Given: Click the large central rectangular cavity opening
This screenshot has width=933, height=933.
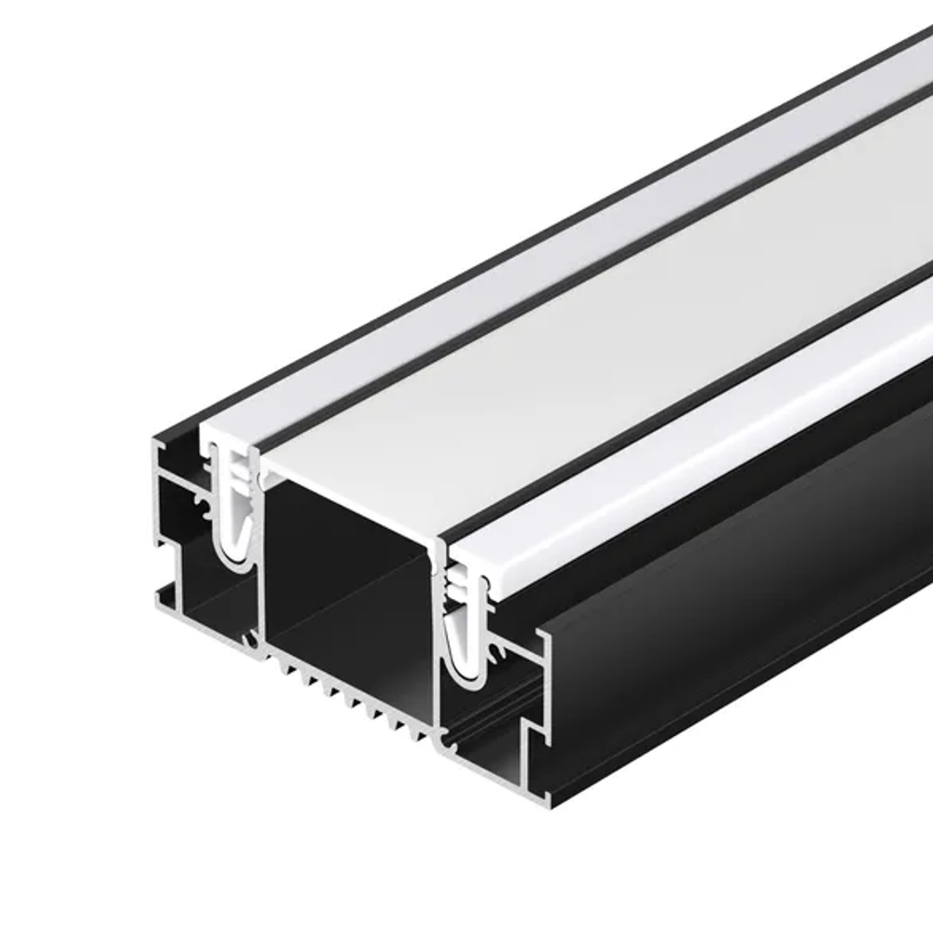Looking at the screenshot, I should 345,569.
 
